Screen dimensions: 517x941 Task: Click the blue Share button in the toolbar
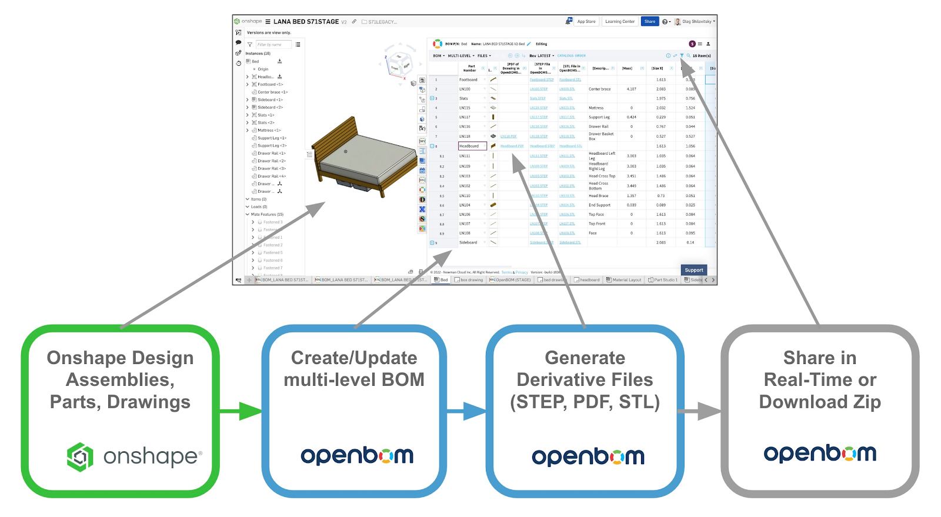pos(649,22)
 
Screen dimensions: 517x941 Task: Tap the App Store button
pos(586,22)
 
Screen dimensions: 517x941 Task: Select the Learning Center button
pos(620,22)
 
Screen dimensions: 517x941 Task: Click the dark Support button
pos(694,270)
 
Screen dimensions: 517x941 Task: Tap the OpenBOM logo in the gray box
pos(820,454)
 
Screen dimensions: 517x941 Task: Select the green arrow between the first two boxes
pos(241,411)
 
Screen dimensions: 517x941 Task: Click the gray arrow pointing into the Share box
pos(700,411)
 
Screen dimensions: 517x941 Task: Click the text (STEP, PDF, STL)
pos(585,402)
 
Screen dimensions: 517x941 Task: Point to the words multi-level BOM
pos(354,380)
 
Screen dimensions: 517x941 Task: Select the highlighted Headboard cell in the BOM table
pos(472,146)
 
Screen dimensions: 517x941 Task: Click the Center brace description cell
pos(600,89)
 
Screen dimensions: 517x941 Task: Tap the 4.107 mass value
pos(631,89)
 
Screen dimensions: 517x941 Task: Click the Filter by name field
pos(273,45)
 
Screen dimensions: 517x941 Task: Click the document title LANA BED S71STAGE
pos(306,22)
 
